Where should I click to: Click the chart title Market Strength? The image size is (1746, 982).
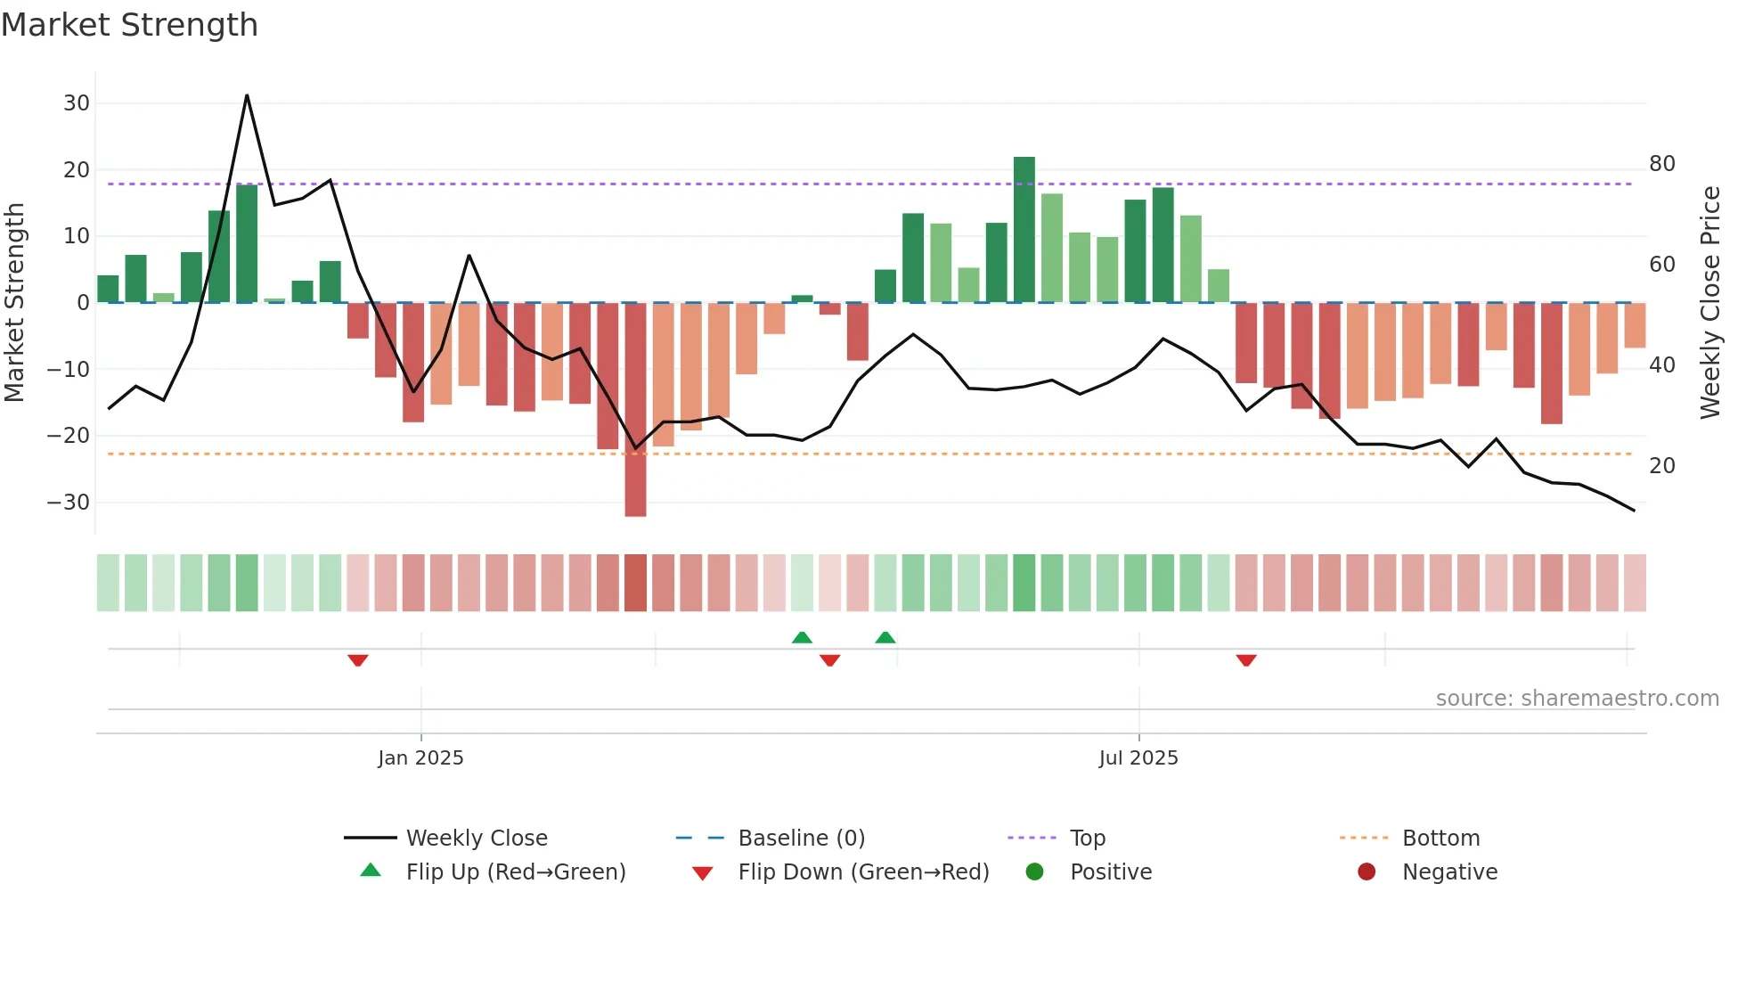coord(129,25)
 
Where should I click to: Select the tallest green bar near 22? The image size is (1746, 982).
coord(1024,229)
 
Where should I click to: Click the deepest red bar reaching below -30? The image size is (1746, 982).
coord(635,410)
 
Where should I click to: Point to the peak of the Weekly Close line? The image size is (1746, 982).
coord(247,95)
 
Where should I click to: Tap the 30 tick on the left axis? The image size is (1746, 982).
coord(77,103)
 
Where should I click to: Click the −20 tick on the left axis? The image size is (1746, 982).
coord(69,436)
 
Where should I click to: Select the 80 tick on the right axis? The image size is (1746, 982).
coord(1661,164)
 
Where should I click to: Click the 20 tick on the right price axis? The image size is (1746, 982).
coord(1661,466)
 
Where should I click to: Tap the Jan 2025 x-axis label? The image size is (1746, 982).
coord(420,758)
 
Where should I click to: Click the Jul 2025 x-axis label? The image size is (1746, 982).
coord(1138,758)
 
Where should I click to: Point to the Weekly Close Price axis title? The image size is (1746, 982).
coord(1710,303)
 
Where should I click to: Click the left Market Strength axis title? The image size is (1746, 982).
coord(14,303)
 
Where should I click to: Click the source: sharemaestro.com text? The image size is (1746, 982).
coord(1577,699)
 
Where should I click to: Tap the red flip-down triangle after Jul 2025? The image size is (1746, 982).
coord(1245,660)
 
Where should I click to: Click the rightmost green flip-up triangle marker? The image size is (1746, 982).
coord(885,637)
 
